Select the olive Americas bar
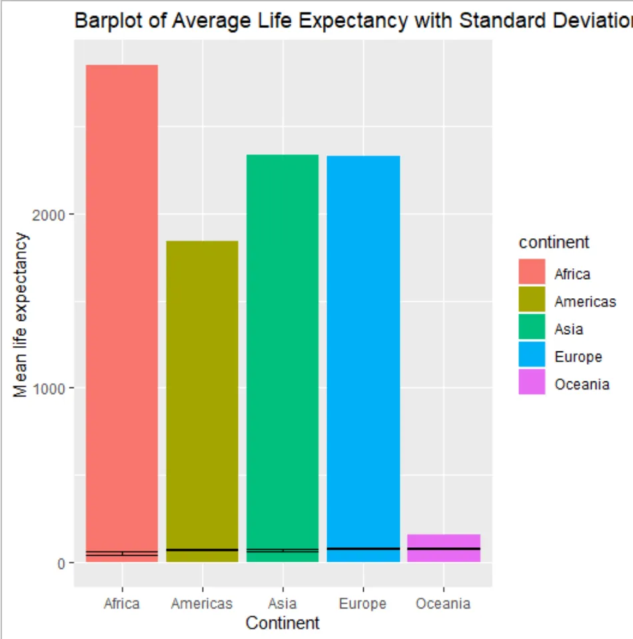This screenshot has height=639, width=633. (202, 399)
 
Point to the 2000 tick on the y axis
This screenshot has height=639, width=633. (54, 214)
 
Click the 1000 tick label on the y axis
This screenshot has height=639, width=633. (54, 389)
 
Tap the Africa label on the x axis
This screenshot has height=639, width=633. (122, 604)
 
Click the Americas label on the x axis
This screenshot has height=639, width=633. (202, 604)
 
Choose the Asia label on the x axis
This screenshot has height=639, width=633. (283, 604)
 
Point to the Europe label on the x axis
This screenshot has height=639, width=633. (363, 604)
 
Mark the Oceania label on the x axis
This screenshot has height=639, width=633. (443, 604)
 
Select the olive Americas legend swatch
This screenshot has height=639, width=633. (532, 300)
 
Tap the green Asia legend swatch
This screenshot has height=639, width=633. (532, 328)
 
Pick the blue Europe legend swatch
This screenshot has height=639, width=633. (532, 356)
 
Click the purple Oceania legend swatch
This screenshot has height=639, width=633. (532, 383)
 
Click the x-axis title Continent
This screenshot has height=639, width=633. (283, 624)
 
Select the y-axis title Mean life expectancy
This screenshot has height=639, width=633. (21, 315)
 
